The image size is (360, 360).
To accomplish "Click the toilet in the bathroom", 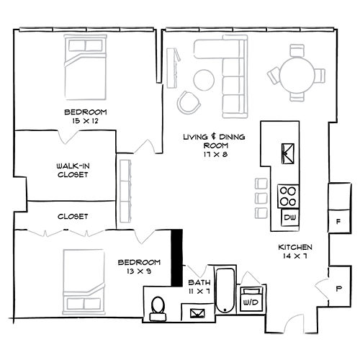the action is (x=158, y=309).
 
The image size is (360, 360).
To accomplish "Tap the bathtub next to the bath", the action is (x=225, y=291).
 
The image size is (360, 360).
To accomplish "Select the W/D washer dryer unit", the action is (x=251, y=299).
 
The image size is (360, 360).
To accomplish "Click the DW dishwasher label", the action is (x=290, y=217).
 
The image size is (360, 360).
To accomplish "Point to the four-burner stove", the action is (x=288, y=197).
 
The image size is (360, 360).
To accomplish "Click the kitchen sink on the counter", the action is (x=288, y=153).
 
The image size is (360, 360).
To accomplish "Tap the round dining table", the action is (x=297, y=74).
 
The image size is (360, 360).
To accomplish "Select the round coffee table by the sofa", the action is (x=204, y=80).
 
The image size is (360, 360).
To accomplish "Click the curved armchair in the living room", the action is (x=189, y=103).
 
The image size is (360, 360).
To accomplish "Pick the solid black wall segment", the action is (x=176, y=258).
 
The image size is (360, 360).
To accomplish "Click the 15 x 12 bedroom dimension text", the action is (x=86, y=121).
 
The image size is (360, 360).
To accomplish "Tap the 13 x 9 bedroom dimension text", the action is (x=139, y=271).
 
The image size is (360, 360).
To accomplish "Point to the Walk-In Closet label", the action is (x=73, y=170).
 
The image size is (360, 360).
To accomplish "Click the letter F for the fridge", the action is (x=338, y=222).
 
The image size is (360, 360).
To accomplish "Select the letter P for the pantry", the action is (x=338, y=289).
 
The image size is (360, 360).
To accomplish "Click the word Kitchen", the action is (x=295, y=247).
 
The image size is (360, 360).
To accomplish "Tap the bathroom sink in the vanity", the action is (x=197, y=313).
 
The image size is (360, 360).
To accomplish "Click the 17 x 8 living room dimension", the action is (x=215, y=154).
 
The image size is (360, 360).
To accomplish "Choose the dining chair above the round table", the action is (x=297, y=50).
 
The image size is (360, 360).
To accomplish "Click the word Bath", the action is (x=199, y=282).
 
